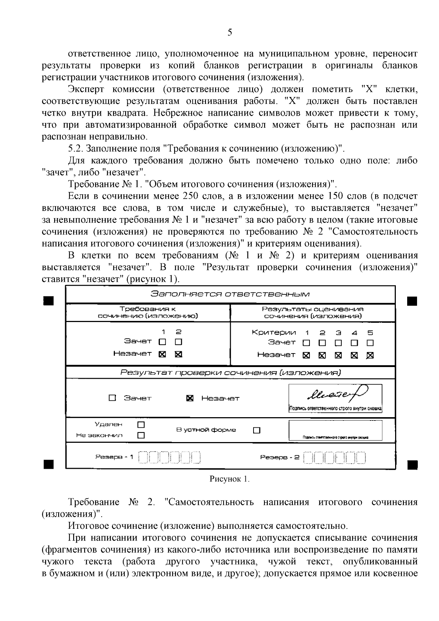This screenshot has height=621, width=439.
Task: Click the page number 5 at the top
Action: (x=230, y=33)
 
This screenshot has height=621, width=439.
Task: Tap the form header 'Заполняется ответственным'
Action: (x=230, y=294)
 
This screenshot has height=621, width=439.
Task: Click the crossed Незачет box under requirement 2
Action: (x=179, y=354)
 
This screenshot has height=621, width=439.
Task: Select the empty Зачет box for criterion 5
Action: (x=370, y=343)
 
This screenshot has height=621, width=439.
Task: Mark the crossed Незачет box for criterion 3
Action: (x=338, y=355)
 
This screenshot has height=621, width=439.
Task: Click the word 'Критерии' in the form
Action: (x=274, y=332)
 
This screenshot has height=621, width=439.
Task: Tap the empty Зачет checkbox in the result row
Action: (x=112, y=398)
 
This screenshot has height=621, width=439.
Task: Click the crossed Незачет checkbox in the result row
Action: (x=190, y=398)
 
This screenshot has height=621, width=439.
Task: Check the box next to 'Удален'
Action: (x=141, y=425)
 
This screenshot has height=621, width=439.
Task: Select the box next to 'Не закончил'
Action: (x=141, y=435)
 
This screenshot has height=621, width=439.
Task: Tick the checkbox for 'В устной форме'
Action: (x=257, y=430)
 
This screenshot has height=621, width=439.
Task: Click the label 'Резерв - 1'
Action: (x=114, y=457)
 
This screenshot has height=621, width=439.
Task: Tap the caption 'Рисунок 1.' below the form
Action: (x=229, y=479)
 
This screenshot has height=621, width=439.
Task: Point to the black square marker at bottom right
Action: (x=412, y=464)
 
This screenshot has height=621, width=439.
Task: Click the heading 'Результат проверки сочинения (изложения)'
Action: (x=230, y=373)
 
